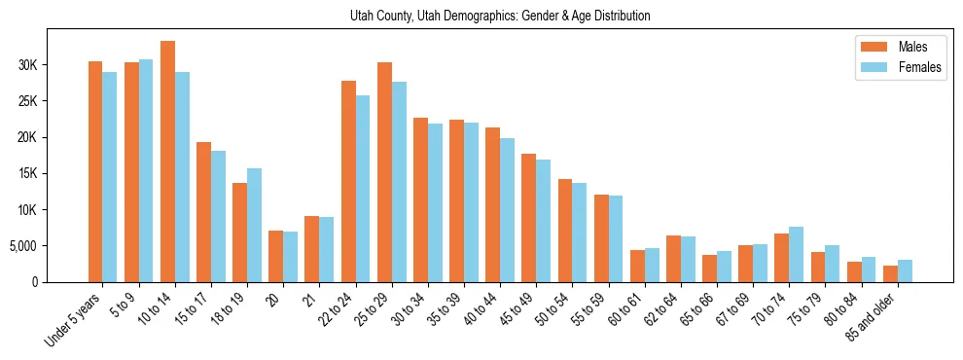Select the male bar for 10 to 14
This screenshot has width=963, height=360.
click(x=167, y=162)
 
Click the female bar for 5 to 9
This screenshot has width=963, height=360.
click(x=146, y=171)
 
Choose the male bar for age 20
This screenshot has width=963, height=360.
click(x=275, y=257)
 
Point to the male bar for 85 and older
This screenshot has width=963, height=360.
click(x=890, y=273)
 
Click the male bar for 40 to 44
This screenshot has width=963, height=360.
click(x=492, y=205)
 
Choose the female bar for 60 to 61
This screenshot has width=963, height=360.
click(x=652, y=265)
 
